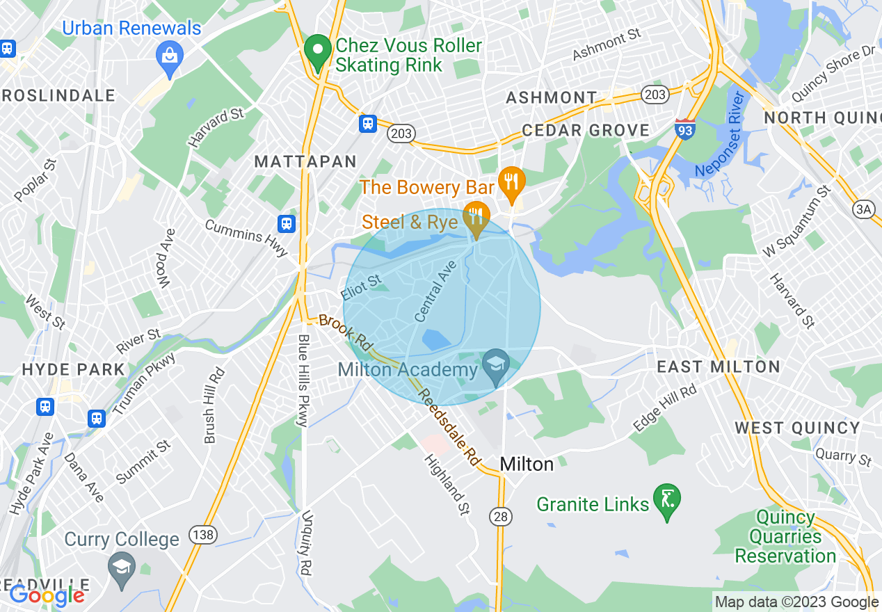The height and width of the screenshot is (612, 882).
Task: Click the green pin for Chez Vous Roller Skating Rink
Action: tap(319, 51)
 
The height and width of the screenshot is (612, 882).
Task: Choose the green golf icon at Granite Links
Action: tap(667, 500)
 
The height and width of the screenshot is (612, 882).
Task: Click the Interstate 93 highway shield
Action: tap(685, 129)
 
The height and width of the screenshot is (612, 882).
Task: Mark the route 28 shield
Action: tap(499, 516)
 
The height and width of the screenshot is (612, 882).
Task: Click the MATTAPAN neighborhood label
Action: tap(305, 162)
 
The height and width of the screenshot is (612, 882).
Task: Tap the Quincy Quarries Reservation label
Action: tap(786, 536)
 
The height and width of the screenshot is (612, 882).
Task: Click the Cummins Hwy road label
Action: tap(246, 236)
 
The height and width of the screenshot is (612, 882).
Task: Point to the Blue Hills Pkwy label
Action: tap(303, 380)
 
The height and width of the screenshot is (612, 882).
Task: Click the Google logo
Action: tap(47, 595)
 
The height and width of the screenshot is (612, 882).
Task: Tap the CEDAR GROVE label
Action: tap(586, 130)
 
